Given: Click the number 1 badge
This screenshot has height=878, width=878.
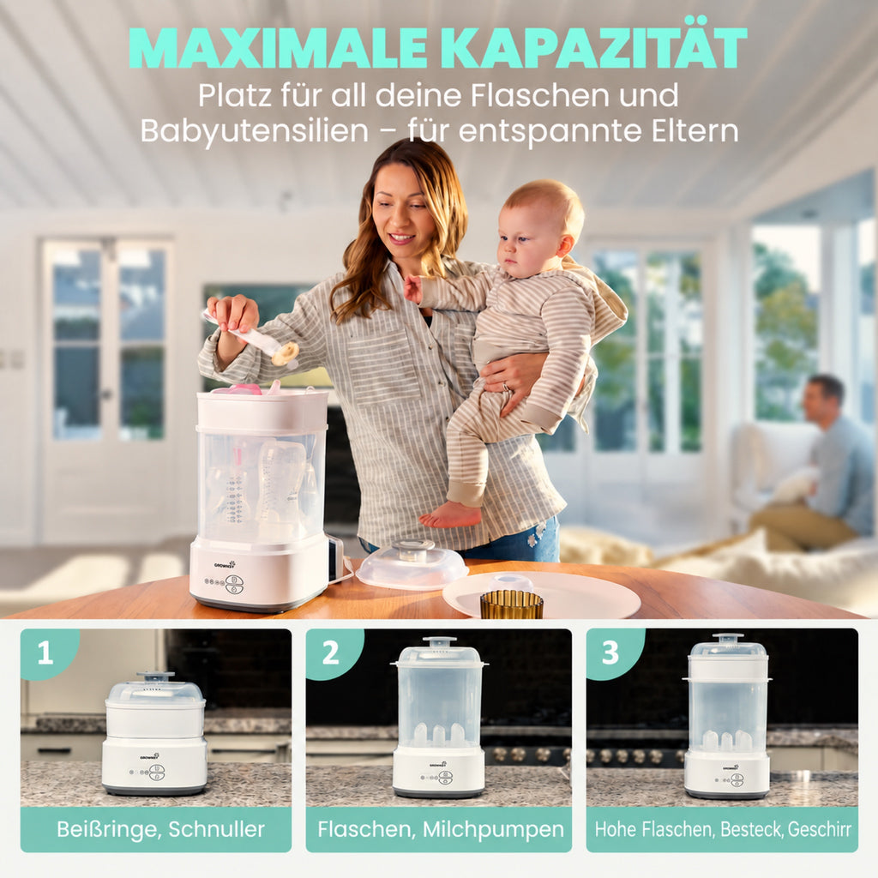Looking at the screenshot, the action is [x=46, y=652].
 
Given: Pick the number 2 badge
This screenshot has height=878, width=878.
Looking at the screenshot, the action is [x=330, y=652].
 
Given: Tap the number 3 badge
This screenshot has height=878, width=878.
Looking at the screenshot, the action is [x=610, y=652].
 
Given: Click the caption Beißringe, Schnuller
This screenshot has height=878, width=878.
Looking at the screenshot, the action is [x=160, y=829].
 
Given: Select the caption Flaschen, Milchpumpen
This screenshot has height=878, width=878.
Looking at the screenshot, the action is [x=441, y=829].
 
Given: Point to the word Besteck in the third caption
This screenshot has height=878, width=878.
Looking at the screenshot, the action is [x=751, y=829].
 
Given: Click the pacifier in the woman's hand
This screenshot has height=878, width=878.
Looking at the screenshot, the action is [x=285, y=355].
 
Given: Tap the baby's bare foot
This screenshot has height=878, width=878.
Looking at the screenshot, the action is [x=450, y=515].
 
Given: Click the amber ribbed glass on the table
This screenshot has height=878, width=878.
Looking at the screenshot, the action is [x=511, y=604].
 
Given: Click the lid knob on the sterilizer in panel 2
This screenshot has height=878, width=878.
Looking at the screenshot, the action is [x=439, y=640].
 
